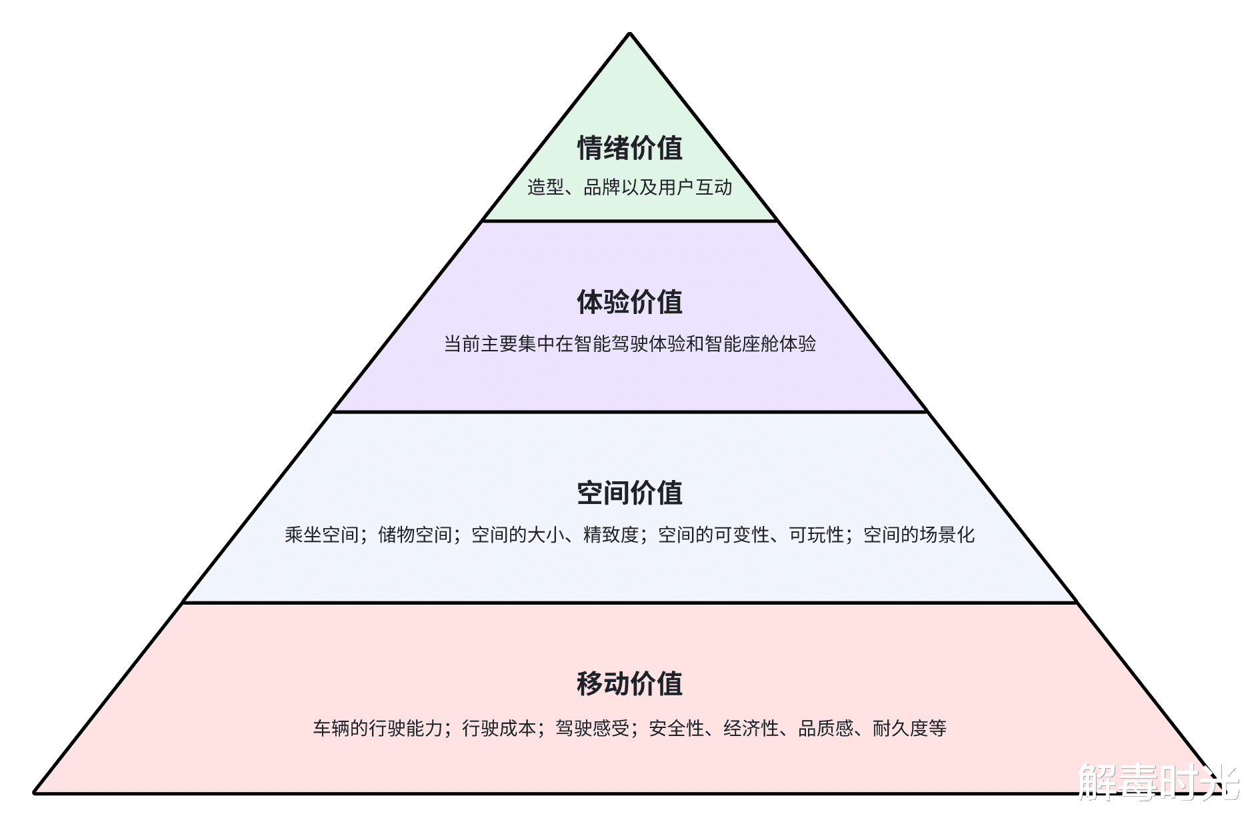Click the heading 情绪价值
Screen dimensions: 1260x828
[629, 148]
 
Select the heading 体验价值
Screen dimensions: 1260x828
[629, 302]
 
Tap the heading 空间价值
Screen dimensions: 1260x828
[629, 493]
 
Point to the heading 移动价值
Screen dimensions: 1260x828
[629, 683]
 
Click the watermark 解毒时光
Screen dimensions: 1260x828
[1158, 781]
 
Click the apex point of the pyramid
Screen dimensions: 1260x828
[629, 34]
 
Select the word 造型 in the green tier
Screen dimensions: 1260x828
[545, 187]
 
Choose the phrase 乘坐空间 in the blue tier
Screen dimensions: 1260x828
[321, 535]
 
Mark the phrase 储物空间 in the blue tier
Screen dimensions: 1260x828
[415, 535]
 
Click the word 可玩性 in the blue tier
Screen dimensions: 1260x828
[817, 535]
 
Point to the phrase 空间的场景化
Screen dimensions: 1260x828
[919, 535]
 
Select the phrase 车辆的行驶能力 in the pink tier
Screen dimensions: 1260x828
[377, 728]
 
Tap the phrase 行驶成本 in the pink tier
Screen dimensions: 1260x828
[499, 728]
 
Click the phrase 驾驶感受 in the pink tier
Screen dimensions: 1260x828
[592, 728]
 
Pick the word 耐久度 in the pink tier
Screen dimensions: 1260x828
[900, 728]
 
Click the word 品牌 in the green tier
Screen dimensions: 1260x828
[601, 187]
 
